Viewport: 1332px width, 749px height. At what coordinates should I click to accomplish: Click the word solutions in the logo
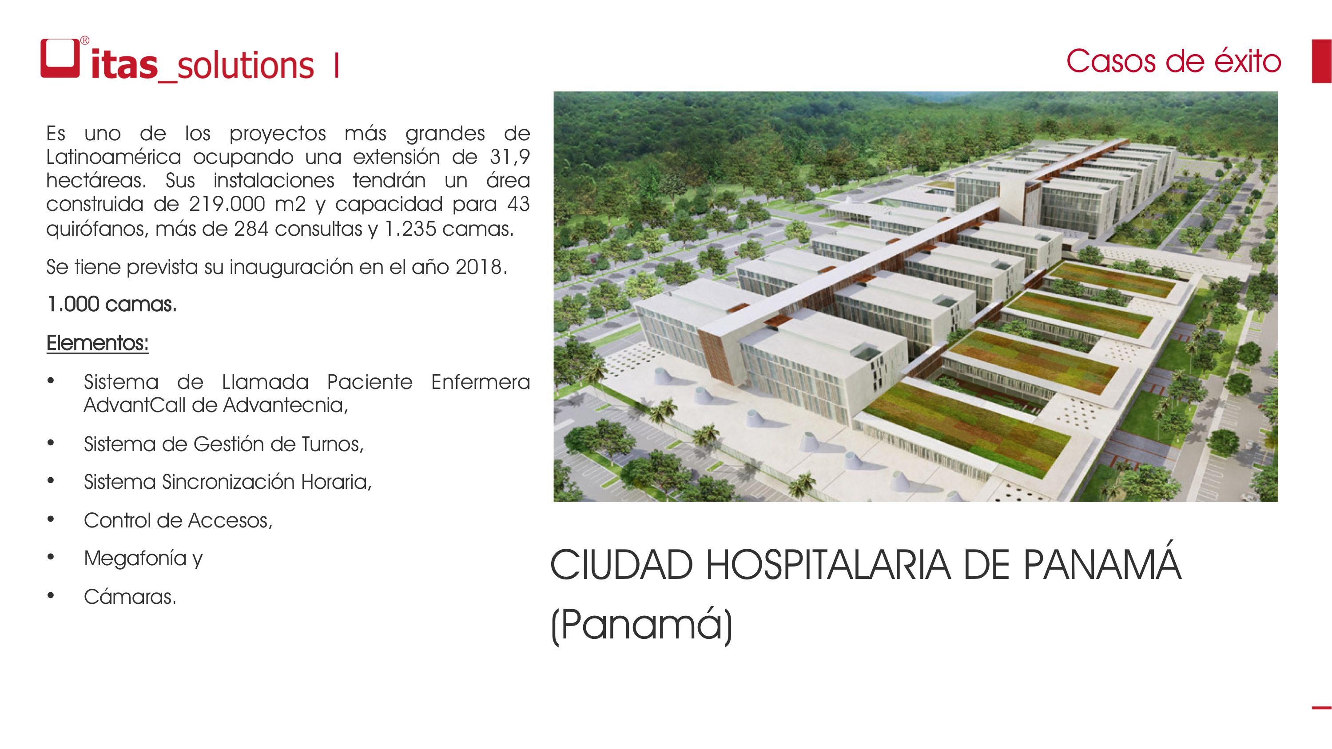coord(246,66)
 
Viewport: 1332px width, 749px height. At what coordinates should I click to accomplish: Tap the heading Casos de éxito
coord(1173,61)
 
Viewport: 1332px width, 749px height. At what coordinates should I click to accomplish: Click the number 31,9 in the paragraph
coord(510,157)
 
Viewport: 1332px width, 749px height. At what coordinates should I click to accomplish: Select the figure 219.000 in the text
coord(227,204)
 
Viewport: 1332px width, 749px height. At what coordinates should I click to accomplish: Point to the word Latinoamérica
coord(114,157)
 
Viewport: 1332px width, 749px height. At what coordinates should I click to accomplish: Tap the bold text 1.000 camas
coord(111,304)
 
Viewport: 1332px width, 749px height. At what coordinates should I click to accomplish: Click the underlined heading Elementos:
coord(98,343)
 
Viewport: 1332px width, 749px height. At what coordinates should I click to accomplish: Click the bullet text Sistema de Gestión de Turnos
coord(224,444)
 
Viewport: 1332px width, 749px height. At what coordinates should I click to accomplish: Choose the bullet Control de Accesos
coord(179,520)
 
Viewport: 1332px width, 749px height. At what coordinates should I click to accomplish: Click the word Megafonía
coord(135,558)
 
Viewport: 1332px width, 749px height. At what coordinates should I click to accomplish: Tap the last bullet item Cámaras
coord(130,597)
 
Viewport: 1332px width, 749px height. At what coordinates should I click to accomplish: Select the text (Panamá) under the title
coord(642,624)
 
